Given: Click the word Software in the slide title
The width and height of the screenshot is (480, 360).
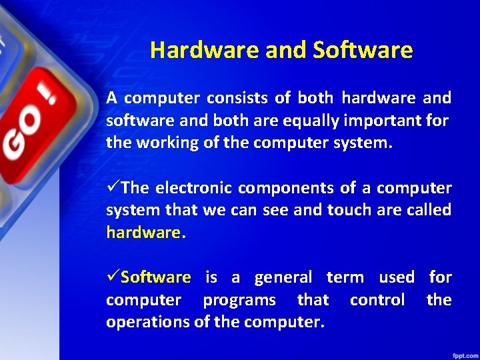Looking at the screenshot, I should click(363, 50).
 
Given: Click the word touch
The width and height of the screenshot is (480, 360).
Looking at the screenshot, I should click(349, 210).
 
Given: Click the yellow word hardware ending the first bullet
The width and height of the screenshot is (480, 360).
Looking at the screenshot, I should click(145, 233).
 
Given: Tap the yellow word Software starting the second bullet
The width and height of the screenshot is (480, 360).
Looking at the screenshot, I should click(156, 277).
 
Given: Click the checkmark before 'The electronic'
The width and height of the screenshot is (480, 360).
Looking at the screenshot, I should click(113, 188).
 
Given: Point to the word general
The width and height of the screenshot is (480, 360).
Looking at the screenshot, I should click(283, 277).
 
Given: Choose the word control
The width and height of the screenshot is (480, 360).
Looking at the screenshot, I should click(377, 300).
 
